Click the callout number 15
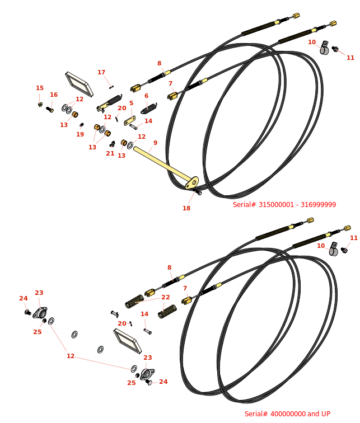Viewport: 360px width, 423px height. pos(40,88)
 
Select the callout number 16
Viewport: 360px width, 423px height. pos(54,95)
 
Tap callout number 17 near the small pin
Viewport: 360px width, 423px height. pos(101,72)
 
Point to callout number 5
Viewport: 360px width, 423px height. pos(132,103)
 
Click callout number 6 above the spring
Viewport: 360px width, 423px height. pos(147,96)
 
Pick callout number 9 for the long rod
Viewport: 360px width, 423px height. pos(155,143)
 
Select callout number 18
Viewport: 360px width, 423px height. pos(186,208)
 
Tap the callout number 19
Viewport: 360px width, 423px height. pos(80,134)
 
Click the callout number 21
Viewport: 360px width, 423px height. pos(110,153)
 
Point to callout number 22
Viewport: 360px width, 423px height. pos(166,297)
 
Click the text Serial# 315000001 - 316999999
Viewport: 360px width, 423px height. pos(284,205)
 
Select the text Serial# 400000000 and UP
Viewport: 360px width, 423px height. pos(287,414)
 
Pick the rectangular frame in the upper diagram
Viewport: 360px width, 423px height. pos(79,83)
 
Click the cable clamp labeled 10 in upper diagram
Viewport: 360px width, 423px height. pos(324,49)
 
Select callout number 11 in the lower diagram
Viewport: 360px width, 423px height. pos(353,238)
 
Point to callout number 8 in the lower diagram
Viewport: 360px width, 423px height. pos(169,267)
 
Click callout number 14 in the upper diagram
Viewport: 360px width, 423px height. pos(148,121)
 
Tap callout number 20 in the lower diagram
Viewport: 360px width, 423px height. pos(122,323)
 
